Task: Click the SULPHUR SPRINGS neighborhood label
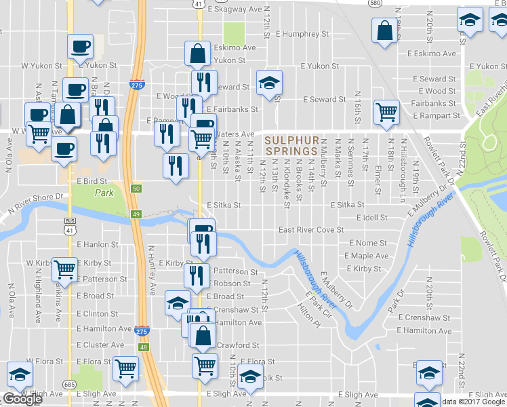pos(291,145)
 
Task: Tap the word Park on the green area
pos(104,193)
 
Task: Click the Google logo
pos(22,399)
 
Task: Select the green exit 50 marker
pos(136,188)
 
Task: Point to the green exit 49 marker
pos(136,215)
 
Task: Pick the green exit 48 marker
pos(143,347)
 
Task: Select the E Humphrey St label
pos(302,33)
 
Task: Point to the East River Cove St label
pos(311,230)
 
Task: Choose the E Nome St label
pos(368,243)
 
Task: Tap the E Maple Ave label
pos(367,256)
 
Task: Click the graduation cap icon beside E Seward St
pos(269,83)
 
